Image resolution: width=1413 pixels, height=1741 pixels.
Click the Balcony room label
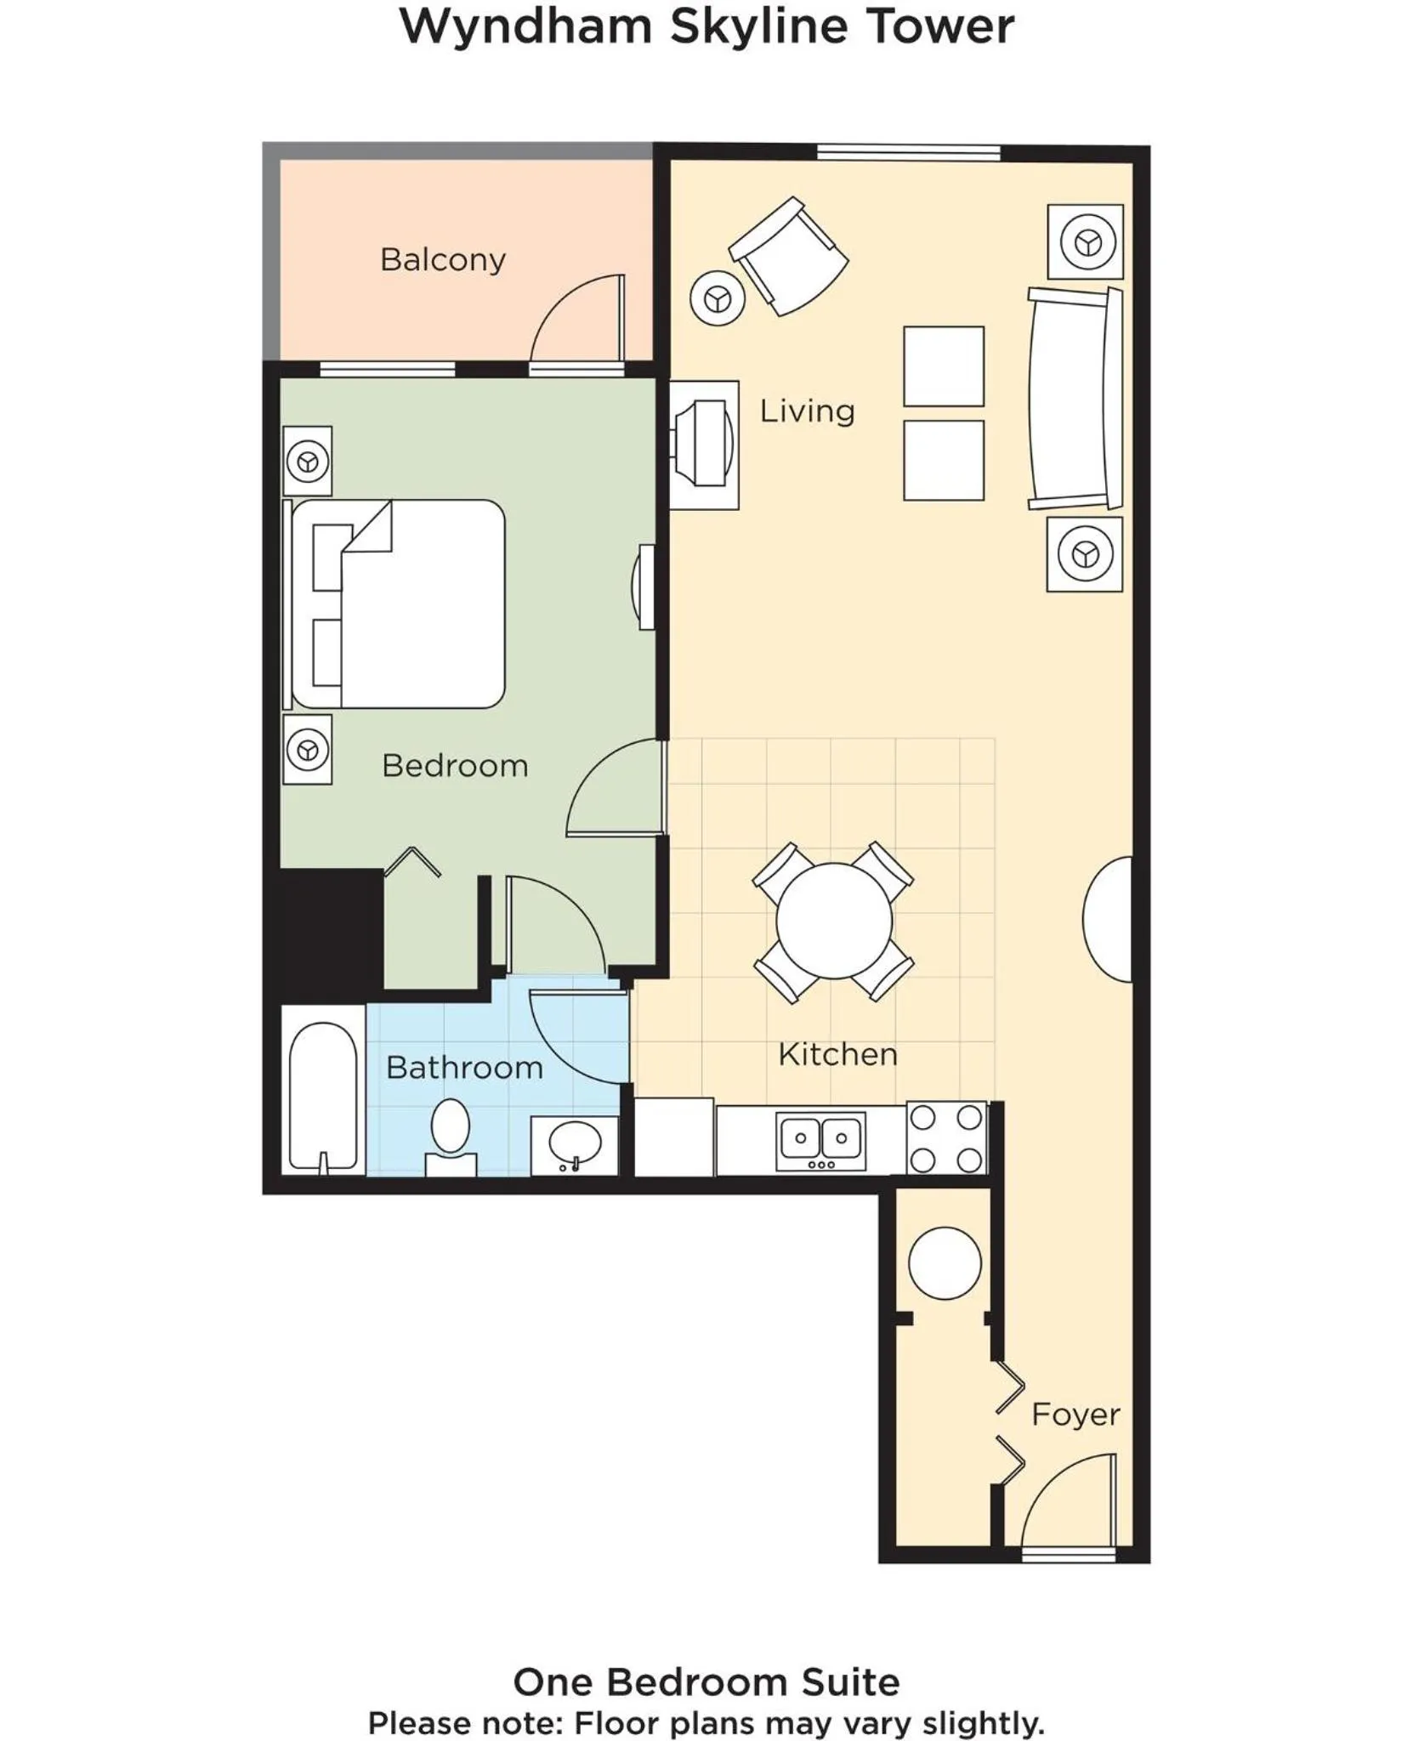442,259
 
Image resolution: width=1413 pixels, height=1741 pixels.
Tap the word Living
806,411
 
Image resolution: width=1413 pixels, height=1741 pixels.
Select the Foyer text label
1075,1415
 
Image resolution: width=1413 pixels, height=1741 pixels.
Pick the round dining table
833,921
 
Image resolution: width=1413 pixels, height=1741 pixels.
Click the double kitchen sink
820,1139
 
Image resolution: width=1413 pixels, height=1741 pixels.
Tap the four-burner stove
946,1138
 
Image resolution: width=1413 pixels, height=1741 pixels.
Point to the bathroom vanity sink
575,1144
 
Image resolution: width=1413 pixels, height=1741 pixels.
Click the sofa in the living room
1075,398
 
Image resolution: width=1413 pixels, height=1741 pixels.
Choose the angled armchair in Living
789,257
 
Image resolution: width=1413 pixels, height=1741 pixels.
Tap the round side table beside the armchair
718,298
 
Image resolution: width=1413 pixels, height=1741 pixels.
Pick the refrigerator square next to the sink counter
673,1137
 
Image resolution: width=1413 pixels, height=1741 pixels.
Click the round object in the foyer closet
945,1262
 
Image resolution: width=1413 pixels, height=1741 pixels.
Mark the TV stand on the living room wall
704,445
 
